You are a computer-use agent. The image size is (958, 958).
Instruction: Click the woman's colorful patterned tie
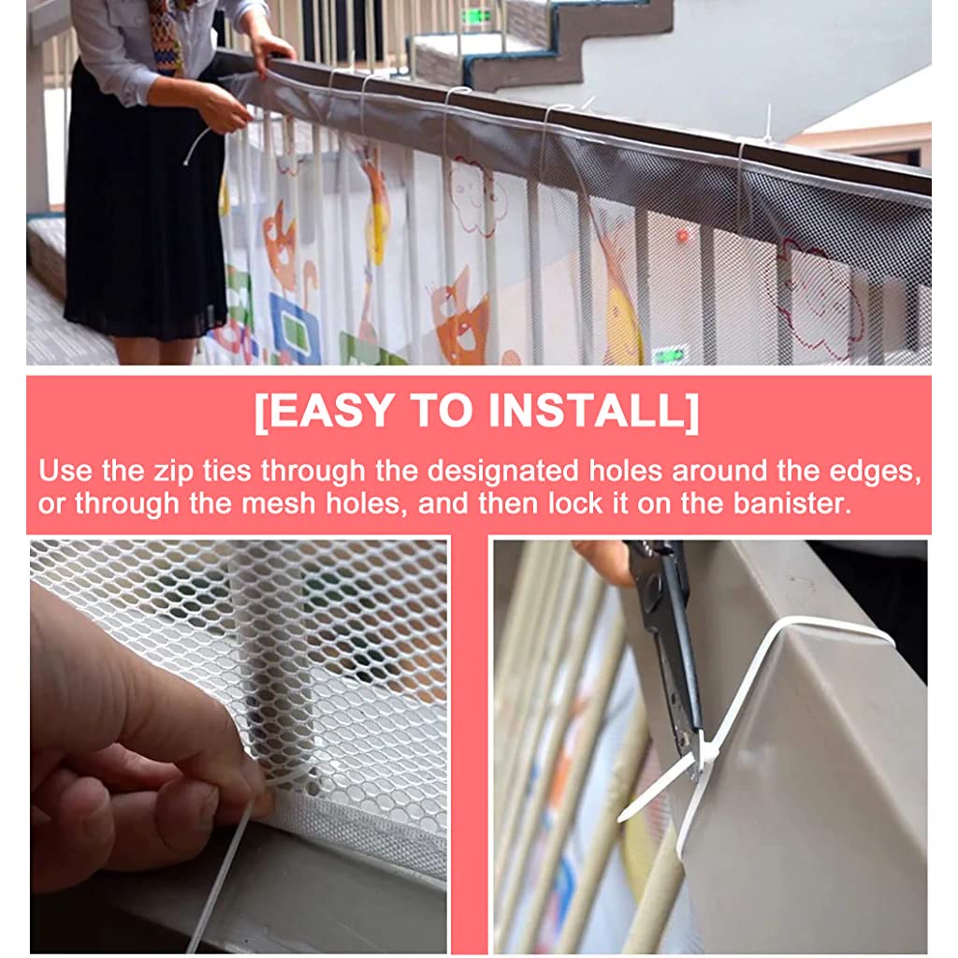click(167, 37)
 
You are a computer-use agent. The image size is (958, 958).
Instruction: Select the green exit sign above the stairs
click(474, 16)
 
